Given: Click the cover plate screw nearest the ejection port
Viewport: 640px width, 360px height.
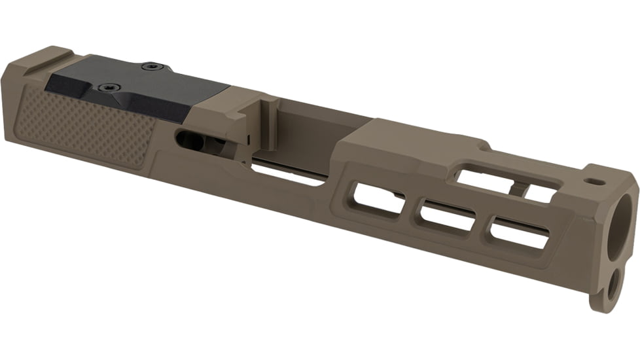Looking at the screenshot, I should [x=152, y=65].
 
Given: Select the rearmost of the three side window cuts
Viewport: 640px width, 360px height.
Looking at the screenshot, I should [x=377, y=197].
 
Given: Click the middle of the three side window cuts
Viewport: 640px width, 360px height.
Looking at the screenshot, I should [x=448, y=215].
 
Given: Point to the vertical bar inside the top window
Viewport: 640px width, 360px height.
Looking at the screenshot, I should [x=517, y=189].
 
